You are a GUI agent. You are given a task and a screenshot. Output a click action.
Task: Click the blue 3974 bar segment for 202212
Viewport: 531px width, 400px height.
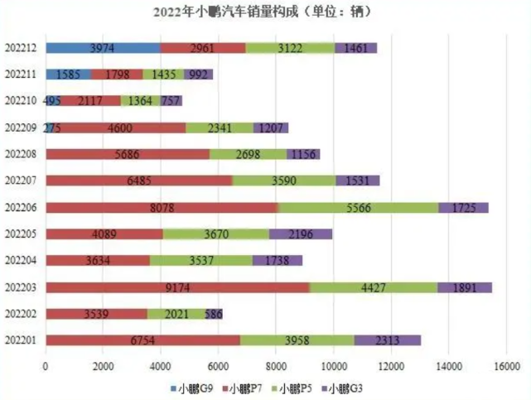coord(103,47)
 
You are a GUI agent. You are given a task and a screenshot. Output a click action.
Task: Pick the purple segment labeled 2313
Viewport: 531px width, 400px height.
coord(388,340)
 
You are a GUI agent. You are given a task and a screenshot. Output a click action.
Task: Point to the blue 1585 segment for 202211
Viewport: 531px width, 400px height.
coord(68,74)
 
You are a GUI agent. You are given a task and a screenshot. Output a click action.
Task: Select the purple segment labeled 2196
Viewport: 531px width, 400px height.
coord(301,234)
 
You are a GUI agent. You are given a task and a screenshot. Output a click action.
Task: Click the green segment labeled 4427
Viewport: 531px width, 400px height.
coord(374,287)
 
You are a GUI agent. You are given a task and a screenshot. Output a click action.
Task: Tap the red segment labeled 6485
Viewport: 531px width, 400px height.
coord(138,181)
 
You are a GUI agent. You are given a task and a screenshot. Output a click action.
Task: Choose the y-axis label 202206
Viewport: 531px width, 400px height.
coord(22,207)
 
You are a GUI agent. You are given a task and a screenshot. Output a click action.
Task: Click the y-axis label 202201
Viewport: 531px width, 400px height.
coord(22,340)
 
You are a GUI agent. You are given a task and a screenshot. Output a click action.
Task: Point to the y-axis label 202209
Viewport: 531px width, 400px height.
coord(22,128)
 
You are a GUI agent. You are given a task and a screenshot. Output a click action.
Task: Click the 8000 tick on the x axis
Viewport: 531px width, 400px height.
coord(276,365)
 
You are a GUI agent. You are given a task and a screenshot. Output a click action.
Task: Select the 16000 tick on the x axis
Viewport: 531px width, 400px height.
coord(506,365)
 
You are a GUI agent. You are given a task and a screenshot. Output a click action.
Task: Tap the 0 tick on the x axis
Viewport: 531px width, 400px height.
coord(46,365)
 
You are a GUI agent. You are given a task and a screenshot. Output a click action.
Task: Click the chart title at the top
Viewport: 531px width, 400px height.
coord(265,12)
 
